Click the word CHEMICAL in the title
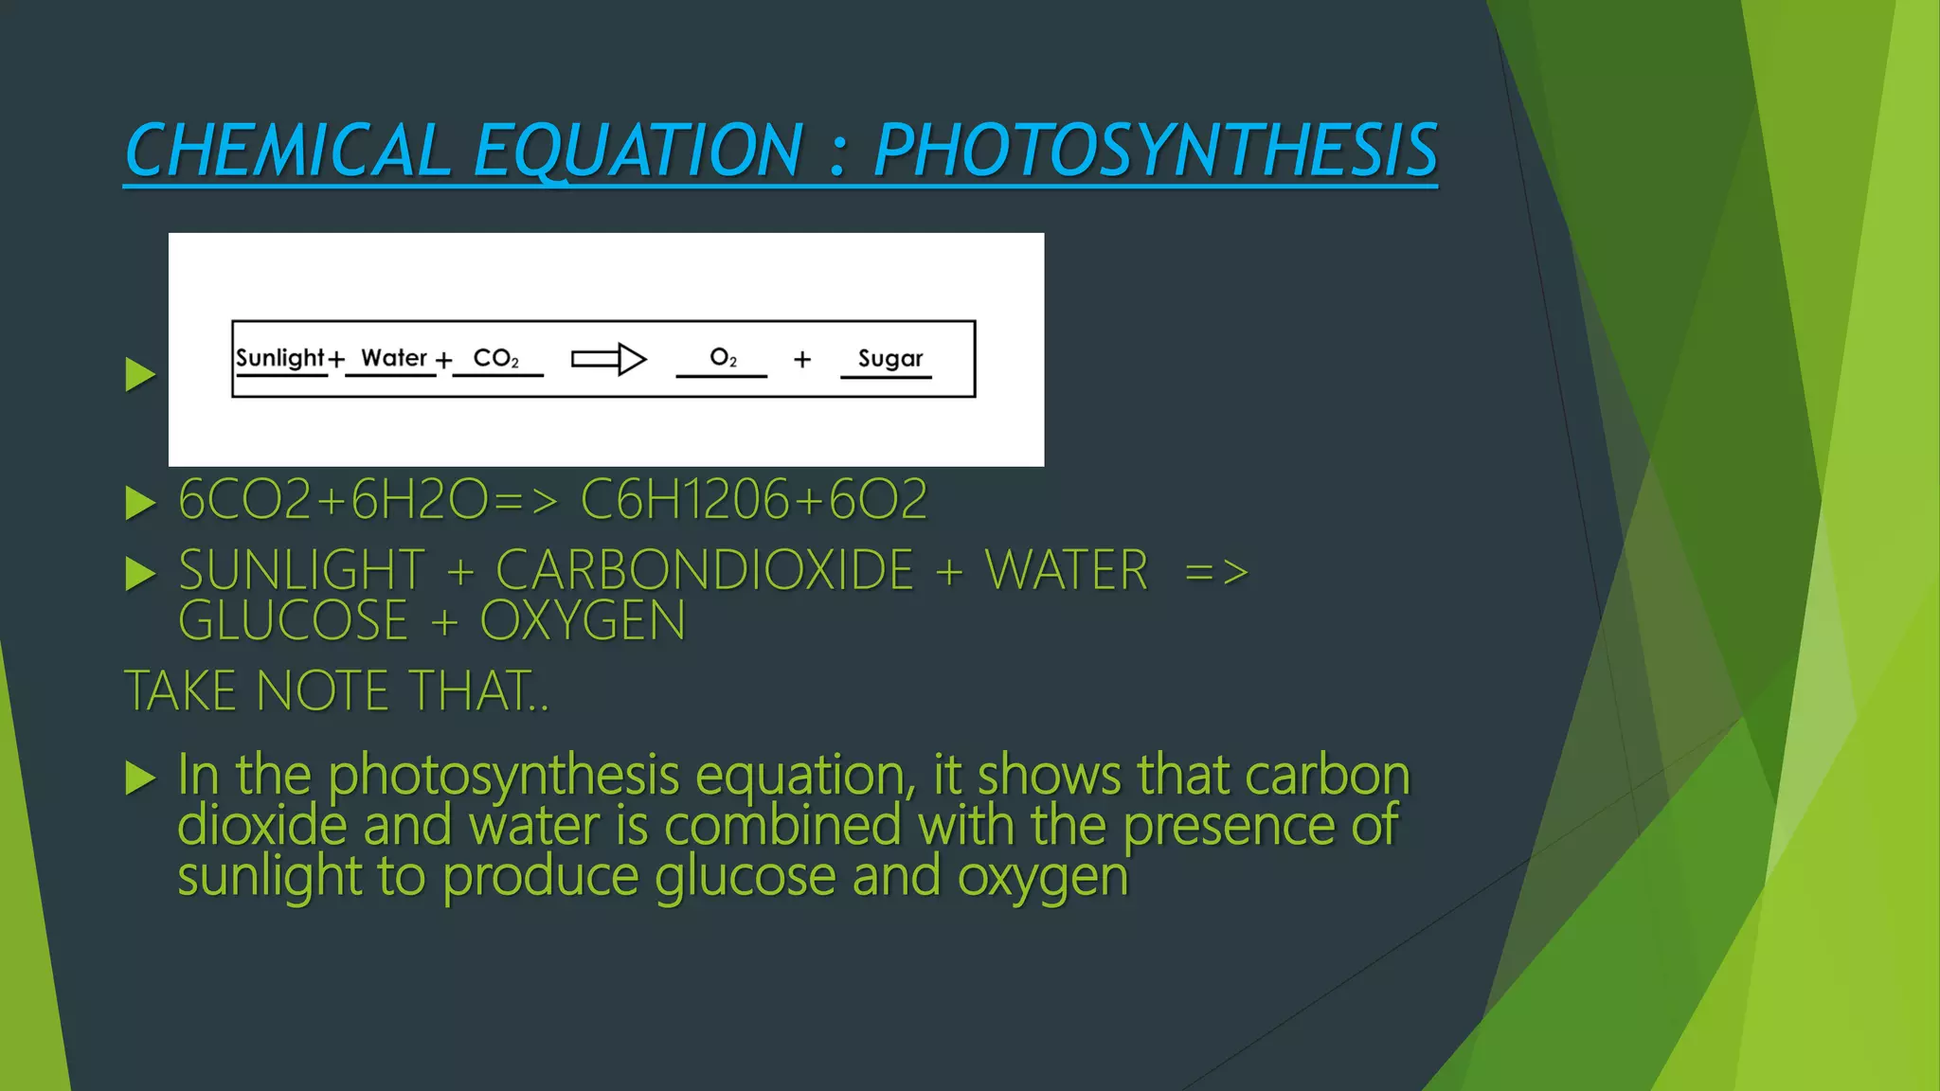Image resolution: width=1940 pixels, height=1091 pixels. click(x=288, y=151)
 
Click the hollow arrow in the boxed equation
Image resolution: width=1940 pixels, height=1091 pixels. click(x=609, y=359)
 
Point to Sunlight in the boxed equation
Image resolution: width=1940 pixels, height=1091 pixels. click(x=279, y=358)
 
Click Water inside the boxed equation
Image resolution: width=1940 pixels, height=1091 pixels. click(x=394, y=358)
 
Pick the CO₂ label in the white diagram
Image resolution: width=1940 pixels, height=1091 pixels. click(x=495, y=359)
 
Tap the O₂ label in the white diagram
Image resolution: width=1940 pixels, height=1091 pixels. click(x=723, y=358)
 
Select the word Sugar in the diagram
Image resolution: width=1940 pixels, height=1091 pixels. click(x=889, y=359)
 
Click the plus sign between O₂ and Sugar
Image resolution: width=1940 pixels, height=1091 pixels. click(x=802, y=360)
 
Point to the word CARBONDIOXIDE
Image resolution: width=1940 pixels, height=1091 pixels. click(x=705, y=570)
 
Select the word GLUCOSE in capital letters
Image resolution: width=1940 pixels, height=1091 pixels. click(x=293, y=621)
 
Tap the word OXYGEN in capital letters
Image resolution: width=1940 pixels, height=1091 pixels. click(x=583, y=621)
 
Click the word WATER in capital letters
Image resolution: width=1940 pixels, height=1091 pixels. click(x=1067, y=570)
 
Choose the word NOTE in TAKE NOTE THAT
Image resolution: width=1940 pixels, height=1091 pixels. click(x=322, y=691)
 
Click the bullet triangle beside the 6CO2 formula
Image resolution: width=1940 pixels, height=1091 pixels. click(x=140, y=503)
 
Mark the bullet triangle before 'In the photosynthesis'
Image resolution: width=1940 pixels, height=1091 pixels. click(x=140, y=778)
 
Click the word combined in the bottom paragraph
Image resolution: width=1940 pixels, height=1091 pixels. click(x=782, y=825)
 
